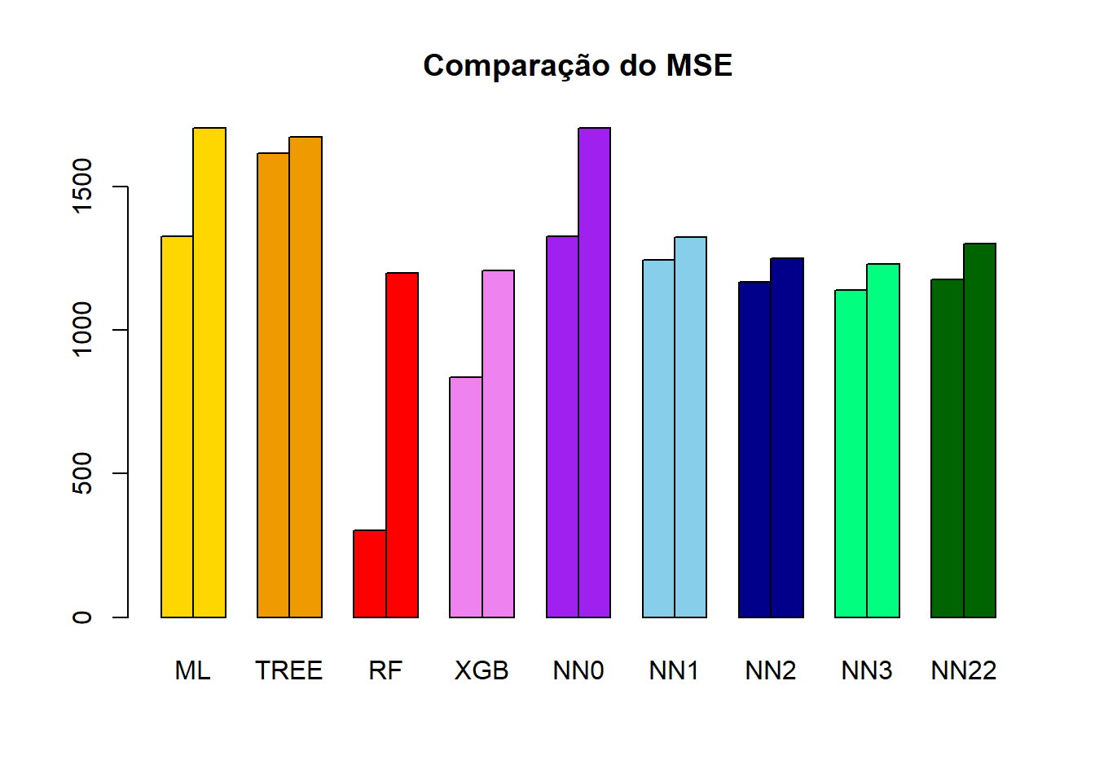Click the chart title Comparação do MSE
pyautogui.click(x=578, y=66)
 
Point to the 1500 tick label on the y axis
pyautogui.click(x=82, y=187)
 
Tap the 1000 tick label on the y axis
pyautogui.click(x=82, y=329)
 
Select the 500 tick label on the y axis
pyautogui.click(x=82, y=473)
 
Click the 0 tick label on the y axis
pyautogui.click(x=82, y=617)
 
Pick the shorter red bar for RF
pyautogui.click(x=370, y=573)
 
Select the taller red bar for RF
pyautogui.click(x=402, y=445)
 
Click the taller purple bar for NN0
pyautogui.click(x=595, y=372)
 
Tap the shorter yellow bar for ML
pyautogui.click(x=177, y=426)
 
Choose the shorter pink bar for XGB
pyautogui.click(x=466, y=497)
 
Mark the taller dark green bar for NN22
pyautogui.click(x=979, y=430)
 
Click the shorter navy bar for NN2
pyautogui.click(x=754, y=449)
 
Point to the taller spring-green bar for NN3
pyautogui.click(x=883, y=440)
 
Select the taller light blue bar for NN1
pyautogui.click(x=691, y=427)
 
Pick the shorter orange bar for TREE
pyautogui.click(x=273, y=384)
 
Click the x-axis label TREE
pyautogui.click(x=289, y=670)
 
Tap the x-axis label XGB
pyautogui.click(x=482, y=670)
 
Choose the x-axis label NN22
pyautogui.click(x=964, y=670)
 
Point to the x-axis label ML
pyautogui.click(x=192, y=670)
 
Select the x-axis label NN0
pyautogui.click(x=578, y=670)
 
